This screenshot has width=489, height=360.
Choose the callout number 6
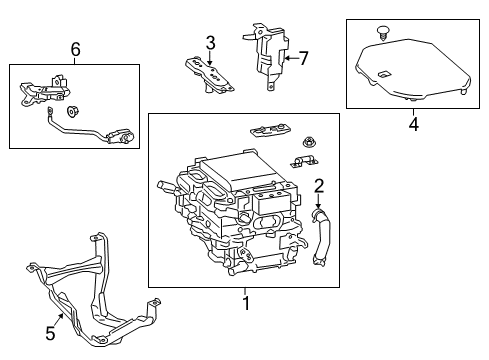click(74, 48)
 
